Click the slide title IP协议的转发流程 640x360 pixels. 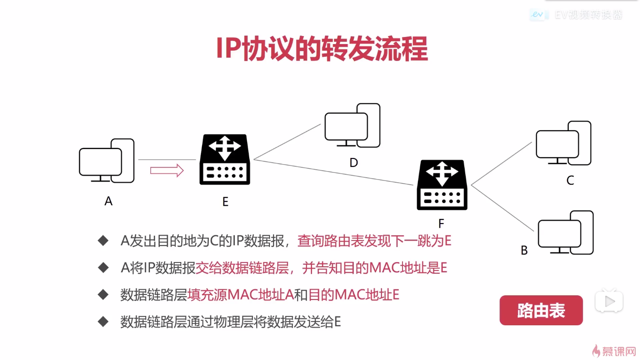point(321,48)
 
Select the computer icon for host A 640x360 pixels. point(106,161)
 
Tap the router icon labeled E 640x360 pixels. point(225,159)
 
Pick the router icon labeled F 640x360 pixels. point(442,185)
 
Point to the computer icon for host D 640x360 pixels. point(352,126)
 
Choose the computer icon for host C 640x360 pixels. point(563,143)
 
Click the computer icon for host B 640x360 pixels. point(565,233)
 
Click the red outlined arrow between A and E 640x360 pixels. point(167,170)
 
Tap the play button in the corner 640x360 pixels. point(609,302)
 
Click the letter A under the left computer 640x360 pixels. point(109,201)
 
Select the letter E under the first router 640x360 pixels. point(225,202)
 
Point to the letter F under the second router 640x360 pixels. point(441,224)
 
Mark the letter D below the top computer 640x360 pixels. point(354,163)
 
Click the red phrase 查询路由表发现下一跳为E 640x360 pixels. point(374,241)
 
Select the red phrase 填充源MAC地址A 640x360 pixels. point(240,295)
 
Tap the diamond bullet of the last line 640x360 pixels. point(103,322)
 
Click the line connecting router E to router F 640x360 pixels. point(335,172)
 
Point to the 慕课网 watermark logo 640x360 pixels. point(615,351)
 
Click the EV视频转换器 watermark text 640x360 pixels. point(588,15)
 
